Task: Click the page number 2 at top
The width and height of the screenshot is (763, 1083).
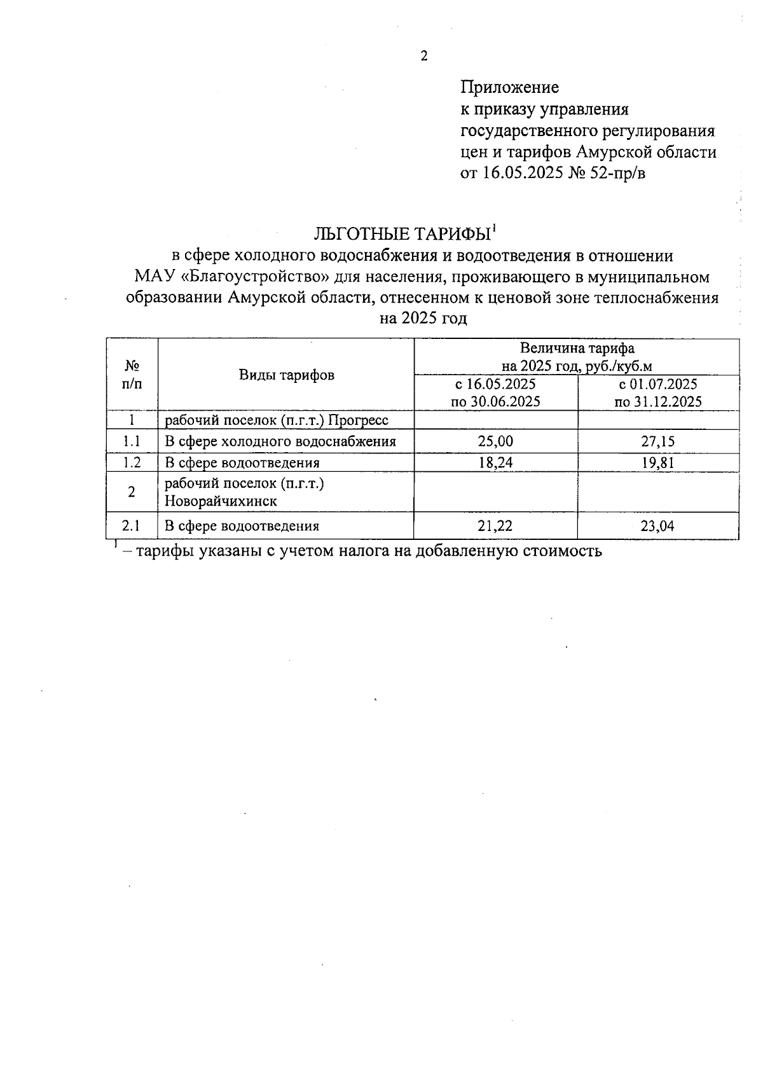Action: click(424, 57)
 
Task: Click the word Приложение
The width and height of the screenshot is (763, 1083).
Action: click(509, 86)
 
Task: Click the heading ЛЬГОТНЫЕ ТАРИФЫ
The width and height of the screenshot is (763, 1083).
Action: click(402, 234)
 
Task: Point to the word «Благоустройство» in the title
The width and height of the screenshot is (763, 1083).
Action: click(259, 277)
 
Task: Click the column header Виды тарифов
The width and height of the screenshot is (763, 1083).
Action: click(286, 375)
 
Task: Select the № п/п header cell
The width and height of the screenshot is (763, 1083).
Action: click(132, 375)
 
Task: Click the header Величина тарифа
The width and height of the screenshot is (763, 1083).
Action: click(577, 348)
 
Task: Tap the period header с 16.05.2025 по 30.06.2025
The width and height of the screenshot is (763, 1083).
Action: click(495, 393)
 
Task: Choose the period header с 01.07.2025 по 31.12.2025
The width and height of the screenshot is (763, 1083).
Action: click(658, 393)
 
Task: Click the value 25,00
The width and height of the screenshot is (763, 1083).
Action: click(495, 441)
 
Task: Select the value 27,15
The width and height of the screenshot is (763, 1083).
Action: click(658, 441)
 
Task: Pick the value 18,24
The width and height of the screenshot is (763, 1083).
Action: click(495, 462)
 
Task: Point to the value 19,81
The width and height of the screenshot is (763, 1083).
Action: click(658, 462)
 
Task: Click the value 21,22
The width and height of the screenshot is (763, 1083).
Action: click(495, 526)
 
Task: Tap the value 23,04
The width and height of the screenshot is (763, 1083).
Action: click(658, 526)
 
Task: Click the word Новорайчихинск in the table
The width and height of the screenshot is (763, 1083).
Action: click(221, 501)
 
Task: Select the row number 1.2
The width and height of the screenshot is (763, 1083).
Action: click(132, 462)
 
